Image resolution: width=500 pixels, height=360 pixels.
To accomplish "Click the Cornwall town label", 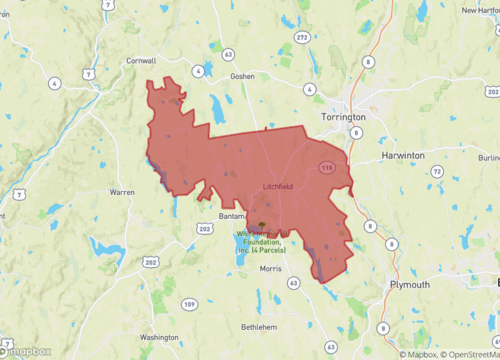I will [x=140, y=61].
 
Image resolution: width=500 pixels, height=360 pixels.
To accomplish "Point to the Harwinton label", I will [x=403, y=156].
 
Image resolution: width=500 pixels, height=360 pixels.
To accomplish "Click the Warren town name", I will [x=122, y=191].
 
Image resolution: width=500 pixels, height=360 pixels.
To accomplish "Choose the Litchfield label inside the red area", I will [x=278, y=187].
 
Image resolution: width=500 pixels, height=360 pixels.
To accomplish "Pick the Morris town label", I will [x=271, y=269].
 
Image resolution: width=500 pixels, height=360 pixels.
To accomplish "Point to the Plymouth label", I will [x=410, y=284].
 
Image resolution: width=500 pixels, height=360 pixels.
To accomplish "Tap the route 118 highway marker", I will [x=326, y=168].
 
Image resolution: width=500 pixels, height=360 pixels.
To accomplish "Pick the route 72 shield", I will [x=437, y=173].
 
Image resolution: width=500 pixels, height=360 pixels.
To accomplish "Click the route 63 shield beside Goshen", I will [x=229, y=54].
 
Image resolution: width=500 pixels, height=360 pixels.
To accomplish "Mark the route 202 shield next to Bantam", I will [x=205, y=230].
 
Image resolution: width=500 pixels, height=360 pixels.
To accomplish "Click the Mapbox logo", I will [x=27, y=351].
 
